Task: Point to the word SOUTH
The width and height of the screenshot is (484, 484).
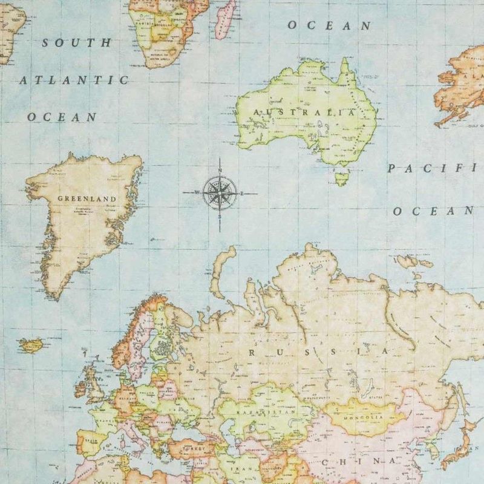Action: (77, 44)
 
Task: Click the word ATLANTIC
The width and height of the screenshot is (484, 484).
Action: (74, 80)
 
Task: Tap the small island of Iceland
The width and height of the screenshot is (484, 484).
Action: (29, 345)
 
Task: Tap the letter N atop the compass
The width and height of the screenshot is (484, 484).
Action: (220, 169)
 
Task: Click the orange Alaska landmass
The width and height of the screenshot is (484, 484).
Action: (462, 85)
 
